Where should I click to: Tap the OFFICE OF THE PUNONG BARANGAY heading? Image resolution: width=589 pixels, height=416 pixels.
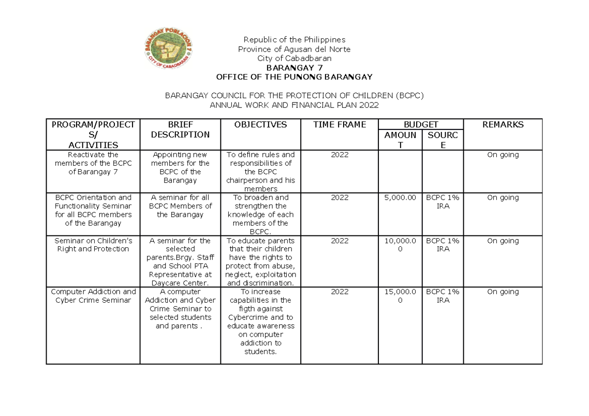coord(294,77)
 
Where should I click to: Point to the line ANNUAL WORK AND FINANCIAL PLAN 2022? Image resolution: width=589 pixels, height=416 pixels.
coord(294,105)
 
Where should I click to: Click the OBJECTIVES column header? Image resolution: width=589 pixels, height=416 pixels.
coord(260,125)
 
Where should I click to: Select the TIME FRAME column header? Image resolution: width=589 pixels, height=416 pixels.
coord(340,125)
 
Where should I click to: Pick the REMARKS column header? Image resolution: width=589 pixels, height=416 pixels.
coord(503,125)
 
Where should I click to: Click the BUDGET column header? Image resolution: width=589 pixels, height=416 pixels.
coord(421,125)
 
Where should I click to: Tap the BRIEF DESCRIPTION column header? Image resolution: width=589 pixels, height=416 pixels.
coord(180,130)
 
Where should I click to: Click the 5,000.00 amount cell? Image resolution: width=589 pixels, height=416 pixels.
coord(400,198)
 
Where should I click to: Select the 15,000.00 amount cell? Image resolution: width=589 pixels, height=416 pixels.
coord(400,296)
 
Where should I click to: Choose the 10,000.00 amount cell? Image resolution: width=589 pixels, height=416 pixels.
coord(400,245)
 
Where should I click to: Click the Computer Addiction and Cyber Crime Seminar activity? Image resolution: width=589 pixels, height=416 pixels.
coord(93,296)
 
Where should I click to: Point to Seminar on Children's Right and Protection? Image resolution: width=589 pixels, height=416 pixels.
coord(93,245)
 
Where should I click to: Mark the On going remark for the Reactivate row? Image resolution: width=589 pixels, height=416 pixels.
coord(503,155)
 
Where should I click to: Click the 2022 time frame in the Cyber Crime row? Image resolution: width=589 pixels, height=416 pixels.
coord(340,292)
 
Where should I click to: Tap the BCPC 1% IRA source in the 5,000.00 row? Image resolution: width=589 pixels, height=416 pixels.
coord(443,202)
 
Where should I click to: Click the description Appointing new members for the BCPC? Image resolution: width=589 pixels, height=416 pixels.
coord(180,167)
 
